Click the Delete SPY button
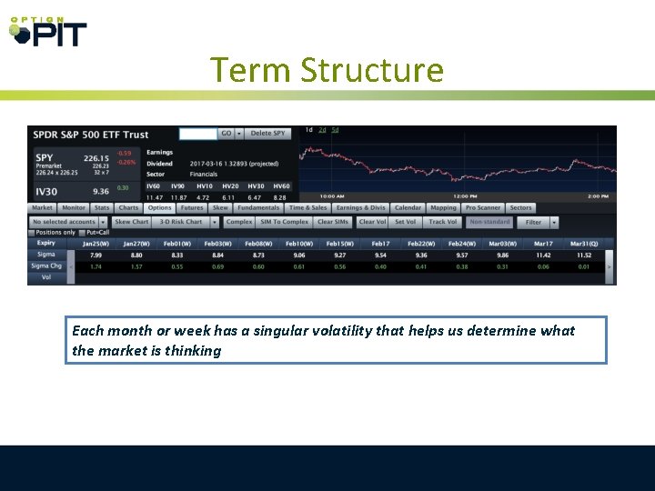click(267, 134)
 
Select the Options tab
click(159, 208)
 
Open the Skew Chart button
click(131, 222)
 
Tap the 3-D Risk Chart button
click(181, 222)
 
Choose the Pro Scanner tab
click(483, 208)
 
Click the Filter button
click(533, 222)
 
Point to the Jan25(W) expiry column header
click(96, 244)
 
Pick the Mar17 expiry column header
click(543, 244)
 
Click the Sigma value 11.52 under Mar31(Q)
click(583, 256)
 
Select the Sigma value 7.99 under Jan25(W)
click(96, 256)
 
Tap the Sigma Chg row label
click(45, 266)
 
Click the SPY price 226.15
click(96, 157)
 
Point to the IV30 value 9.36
click(100, 191)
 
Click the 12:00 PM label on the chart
click(467, 196)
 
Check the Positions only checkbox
click(33, 233)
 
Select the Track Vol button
click(443, 222)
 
